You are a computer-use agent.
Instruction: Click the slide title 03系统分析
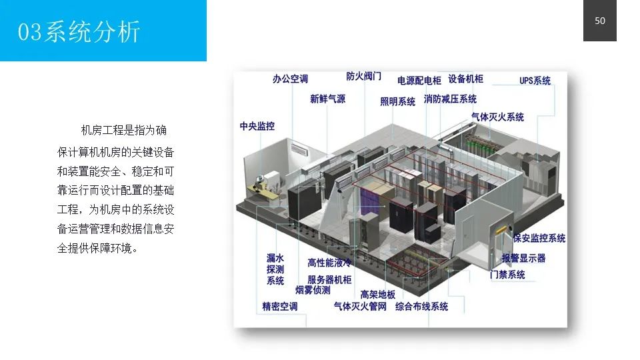coord(79,31)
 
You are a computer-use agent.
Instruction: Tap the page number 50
coord(599,21)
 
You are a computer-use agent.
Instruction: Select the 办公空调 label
coord(290,79)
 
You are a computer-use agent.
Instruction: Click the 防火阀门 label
coord(363,76)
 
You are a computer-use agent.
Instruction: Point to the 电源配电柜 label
coord(419,81)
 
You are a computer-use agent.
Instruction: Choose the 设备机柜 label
coord(465,79)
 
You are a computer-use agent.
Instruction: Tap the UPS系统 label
coord(535,81)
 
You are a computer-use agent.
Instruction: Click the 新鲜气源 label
coord(327,99)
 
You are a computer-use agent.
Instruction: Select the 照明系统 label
coord(397,101)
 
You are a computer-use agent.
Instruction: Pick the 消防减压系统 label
coord(450,99)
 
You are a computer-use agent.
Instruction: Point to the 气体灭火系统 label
coord(497,117)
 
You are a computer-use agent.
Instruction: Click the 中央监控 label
coord(257,126)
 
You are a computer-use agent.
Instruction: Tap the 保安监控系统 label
coord(539,238)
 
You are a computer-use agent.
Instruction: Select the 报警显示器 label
coord(523,257)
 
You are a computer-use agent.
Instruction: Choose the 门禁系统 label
coord(507,274)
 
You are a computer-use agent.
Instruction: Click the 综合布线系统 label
coord(421,307)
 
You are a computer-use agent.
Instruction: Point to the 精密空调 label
coord(279,307)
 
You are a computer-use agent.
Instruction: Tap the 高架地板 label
coord(377,294)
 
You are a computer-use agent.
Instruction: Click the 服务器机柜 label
coord(329,280)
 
